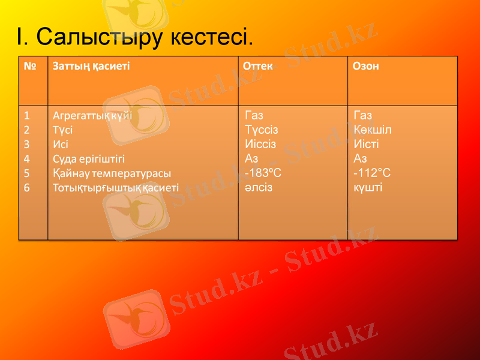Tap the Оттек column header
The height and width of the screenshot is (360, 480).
point(258,66)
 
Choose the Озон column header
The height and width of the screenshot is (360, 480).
point(366,66)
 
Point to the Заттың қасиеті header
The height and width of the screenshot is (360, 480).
point(91,66)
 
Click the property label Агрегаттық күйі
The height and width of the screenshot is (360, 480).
point(92,115)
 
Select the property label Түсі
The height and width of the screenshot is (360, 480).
point(63,129)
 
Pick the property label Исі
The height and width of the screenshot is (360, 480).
point(61,144)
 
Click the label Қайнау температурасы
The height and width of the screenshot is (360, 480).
point(112,173)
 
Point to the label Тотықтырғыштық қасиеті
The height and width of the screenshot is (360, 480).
point(116,188)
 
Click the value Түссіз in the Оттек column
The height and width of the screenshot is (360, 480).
point(262,130)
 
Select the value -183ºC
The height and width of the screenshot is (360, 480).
point(263,173)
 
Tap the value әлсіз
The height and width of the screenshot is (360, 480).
point(259,188)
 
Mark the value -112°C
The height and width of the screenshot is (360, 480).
point(373,173)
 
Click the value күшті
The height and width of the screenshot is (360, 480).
point(368,188)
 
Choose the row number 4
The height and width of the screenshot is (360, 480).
point(27,158)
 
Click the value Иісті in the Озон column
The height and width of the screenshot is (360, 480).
point(367,144)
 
